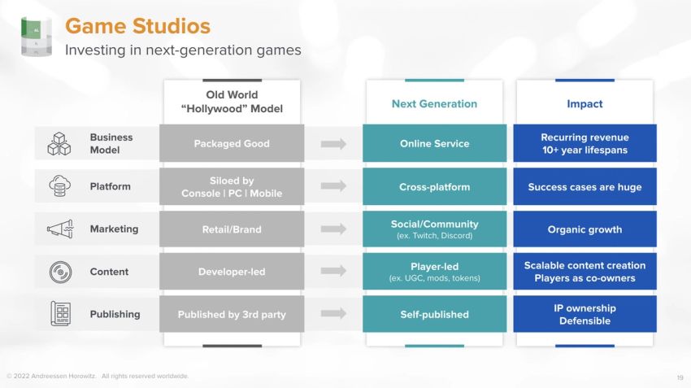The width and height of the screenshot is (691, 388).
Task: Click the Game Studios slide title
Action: (x=137, y=26)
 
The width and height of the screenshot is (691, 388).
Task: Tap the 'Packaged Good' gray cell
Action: (x=232, y=143)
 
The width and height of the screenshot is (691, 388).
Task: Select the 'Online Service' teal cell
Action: (x=434, y=143)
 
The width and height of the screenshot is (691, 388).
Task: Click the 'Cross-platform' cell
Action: (x=434, y=186)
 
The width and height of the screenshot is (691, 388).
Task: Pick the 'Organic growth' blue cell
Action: (x=585, y=229)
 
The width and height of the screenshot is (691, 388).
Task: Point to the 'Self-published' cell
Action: (x=434, y=314)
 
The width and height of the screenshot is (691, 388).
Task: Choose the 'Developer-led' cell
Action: (x=232, y=272)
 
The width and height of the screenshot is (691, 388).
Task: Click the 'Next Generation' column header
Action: (x=434, y=104)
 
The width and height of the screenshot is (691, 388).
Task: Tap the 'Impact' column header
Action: (x=585, y=104)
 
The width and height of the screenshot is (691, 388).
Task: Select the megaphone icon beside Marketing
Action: (x=60, y=229)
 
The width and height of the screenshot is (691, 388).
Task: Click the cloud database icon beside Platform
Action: (x=60, y=186)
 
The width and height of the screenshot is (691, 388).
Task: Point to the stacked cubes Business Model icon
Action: (x=59, y=143)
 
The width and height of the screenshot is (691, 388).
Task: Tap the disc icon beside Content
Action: (x=60, y=272)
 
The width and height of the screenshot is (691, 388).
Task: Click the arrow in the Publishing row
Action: (x=333, y=314)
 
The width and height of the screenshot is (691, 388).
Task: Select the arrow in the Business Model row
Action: (x=333, y=144)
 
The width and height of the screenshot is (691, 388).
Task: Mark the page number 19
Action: (x=680, y=377)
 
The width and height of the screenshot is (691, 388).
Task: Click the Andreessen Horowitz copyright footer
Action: (x=98, y=376)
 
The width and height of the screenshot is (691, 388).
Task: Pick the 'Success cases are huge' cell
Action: (x=585, y=186)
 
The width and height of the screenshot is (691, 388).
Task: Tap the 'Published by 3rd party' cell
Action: (x=232, y=314)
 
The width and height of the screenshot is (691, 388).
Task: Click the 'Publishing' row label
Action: (x=115, y=314)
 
